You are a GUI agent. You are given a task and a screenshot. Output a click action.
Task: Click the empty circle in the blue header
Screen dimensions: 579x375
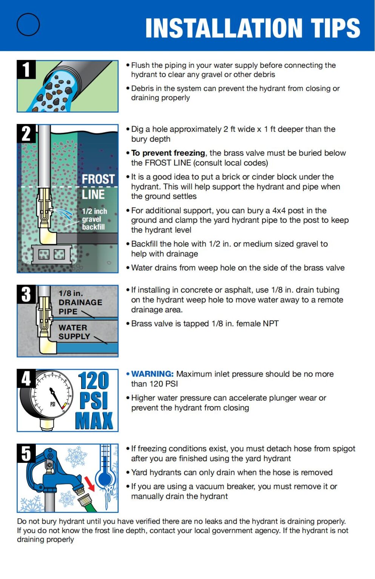(x=28, y=25)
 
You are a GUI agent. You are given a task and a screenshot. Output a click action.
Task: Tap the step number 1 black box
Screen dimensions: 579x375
(x=26, y=69)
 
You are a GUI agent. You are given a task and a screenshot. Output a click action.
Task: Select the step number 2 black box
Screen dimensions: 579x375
(x=26, y=133)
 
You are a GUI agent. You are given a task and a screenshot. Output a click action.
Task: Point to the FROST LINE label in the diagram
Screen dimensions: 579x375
(x=98, y=187)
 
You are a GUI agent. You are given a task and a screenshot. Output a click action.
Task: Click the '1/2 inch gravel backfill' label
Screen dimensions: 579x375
(x=94, y=219)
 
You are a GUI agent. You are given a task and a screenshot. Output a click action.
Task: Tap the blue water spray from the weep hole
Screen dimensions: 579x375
(x=65, y=214)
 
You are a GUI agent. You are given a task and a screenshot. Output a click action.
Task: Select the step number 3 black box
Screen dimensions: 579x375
(x=26, y=294)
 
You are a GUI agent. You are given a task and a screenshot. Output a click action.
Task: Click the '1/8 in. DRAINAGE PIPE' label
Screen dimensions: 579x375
(x=80, y=302)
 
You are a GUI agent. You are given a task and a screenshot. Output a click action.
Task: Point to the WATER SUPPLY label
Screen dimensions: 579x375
(x=74, y=332)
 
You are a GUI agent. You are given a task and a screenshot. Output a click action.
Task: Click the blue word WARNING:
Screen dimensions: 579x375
(x=152, y=374)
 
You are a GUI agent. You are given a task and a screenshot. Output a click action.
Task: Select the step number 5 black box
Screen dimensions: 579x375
(x=26, y=453)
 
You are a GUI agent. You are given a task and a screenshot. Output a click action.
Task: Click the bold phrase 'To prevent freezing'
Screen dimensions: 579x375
(x=168, y=153)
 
